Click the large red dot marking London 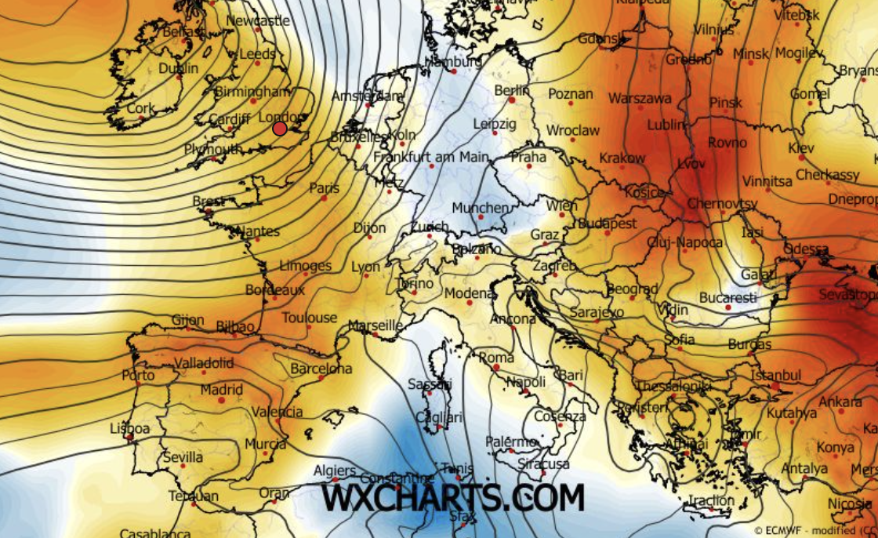(280, 128)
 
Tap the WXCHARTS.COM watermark (453, 497)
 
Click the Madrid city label (221, 390)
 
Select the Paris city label (324, 188)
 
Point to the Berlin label (512, 91)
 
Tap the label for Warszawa (640, 99)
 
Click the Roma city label (496, 358)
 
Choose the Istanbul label (775, 376)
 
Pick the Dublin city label (178, 68)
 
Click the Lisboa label (130, 428)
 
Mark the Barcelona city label (321, 368)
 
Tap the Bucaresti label (728, 298)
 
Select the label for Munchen (480, 208)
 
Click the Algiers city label (335, 470)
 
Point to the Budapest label (608, 224)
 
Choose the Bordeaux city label (274, 289)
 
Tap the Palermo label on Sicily (510, 442)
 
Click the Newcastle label (258, 21)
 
